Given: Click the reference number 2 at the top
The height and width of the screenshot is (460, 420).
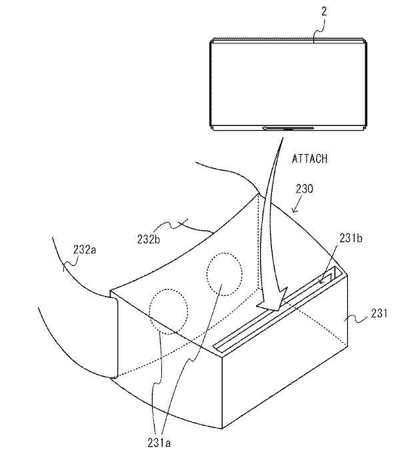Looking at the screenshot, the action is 324,11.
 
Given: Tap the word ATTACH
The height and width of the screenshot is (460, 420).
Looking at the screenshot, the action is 309,159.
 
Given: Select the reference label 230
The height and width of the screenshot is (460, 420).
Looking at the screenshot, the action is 304,189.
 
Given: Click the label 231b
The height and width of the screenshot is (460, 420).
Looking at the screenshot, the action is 351,238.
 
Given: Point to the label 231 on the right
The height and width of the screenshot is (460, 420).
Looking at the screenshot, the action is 379,313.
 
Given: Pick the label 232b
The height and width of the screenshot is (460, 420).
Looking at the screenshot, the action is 149,239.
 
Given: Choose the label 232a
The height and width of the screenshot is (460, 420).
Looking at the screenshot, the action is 85,249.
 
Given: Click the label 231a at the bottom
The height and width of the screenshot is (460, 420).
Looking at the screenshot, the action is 159,443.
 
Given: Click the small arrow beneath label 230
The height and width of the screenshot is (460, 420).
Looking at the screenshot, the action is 295,205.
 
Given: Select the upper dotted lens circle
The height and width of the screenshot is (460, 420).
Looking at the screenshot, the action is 225,274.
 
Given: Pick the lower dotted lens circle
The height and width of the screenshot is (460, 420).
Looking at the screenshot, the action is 169,311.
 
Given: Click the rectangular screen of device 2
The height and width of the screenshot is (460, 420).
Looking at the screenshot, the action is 288,85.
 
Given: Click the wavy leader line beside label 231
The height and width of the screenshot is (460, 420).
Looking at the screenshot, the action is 359,319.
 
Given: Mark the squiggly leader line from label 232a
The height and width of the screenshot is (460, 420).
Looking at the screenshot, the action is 71,262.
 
